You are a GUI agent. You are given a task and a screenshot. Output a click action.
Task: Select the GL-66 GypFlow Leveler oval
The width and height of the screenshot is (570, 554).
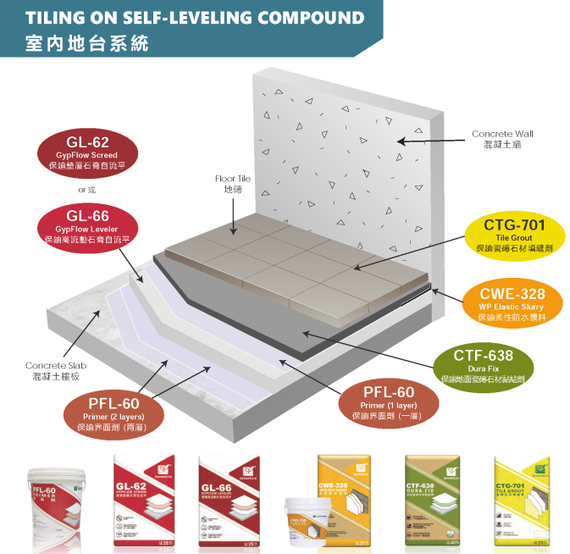coord(87,226)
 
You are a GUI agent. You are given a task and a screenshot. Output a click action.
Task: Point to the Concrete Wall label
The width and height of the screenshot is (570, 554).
coord(502,139)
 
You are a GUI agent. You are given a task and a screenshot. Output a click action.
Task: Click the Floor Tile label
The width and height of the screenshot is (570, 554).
coord(232,185)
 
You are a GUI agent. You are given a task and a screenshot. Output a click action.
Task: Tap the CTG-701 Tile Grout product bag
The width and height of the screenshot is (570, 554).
coord(521,499)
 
